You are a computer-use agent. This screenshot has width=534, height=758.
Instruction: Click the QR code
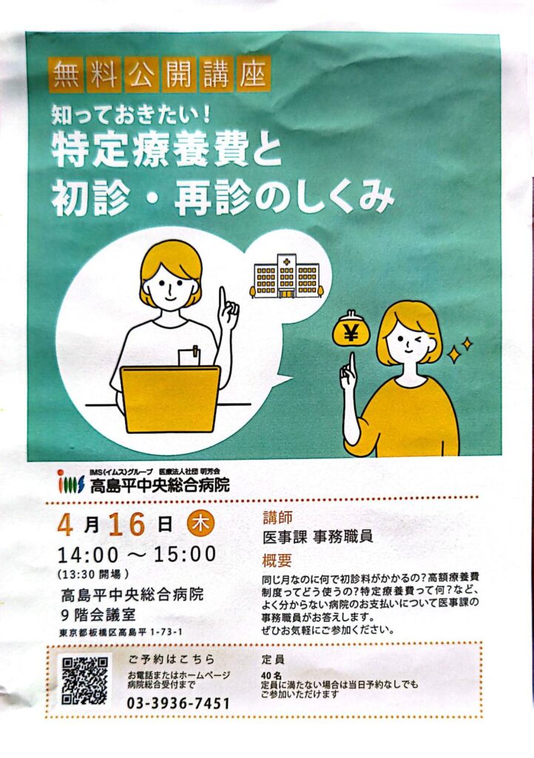point(85,681)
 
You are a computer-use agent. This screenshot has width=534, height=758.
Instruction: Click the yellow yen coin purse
point(351,331)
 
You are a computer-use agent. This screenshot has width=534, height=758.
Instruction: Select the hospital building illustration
point(287,277)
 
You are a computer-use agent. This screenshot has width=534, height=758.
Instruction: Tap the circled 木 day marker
point(200,525)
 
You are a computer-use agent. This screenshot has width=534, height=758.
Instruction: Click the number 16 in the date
point(127,525)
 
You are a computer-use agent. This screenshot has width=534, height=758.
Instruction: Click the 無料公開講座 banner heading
point(160,76)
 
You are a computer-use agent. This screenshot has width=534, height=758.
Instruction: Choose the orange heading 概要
point(277,560)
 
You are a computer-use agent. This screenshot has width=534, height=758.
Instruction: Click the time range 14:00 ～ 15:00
point(137,554)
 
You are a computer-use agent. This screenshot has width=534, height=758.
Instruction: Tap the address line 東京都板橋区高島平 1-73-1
point(121,632)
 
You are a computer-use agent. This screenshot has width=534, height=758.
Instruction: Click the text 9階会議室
point(98,615)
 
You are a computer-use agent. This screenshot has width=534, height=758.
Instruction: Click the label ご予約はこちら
point(172,659)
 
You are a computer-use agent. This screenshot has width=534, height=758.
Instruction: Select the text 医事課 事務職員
point(318,537)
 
